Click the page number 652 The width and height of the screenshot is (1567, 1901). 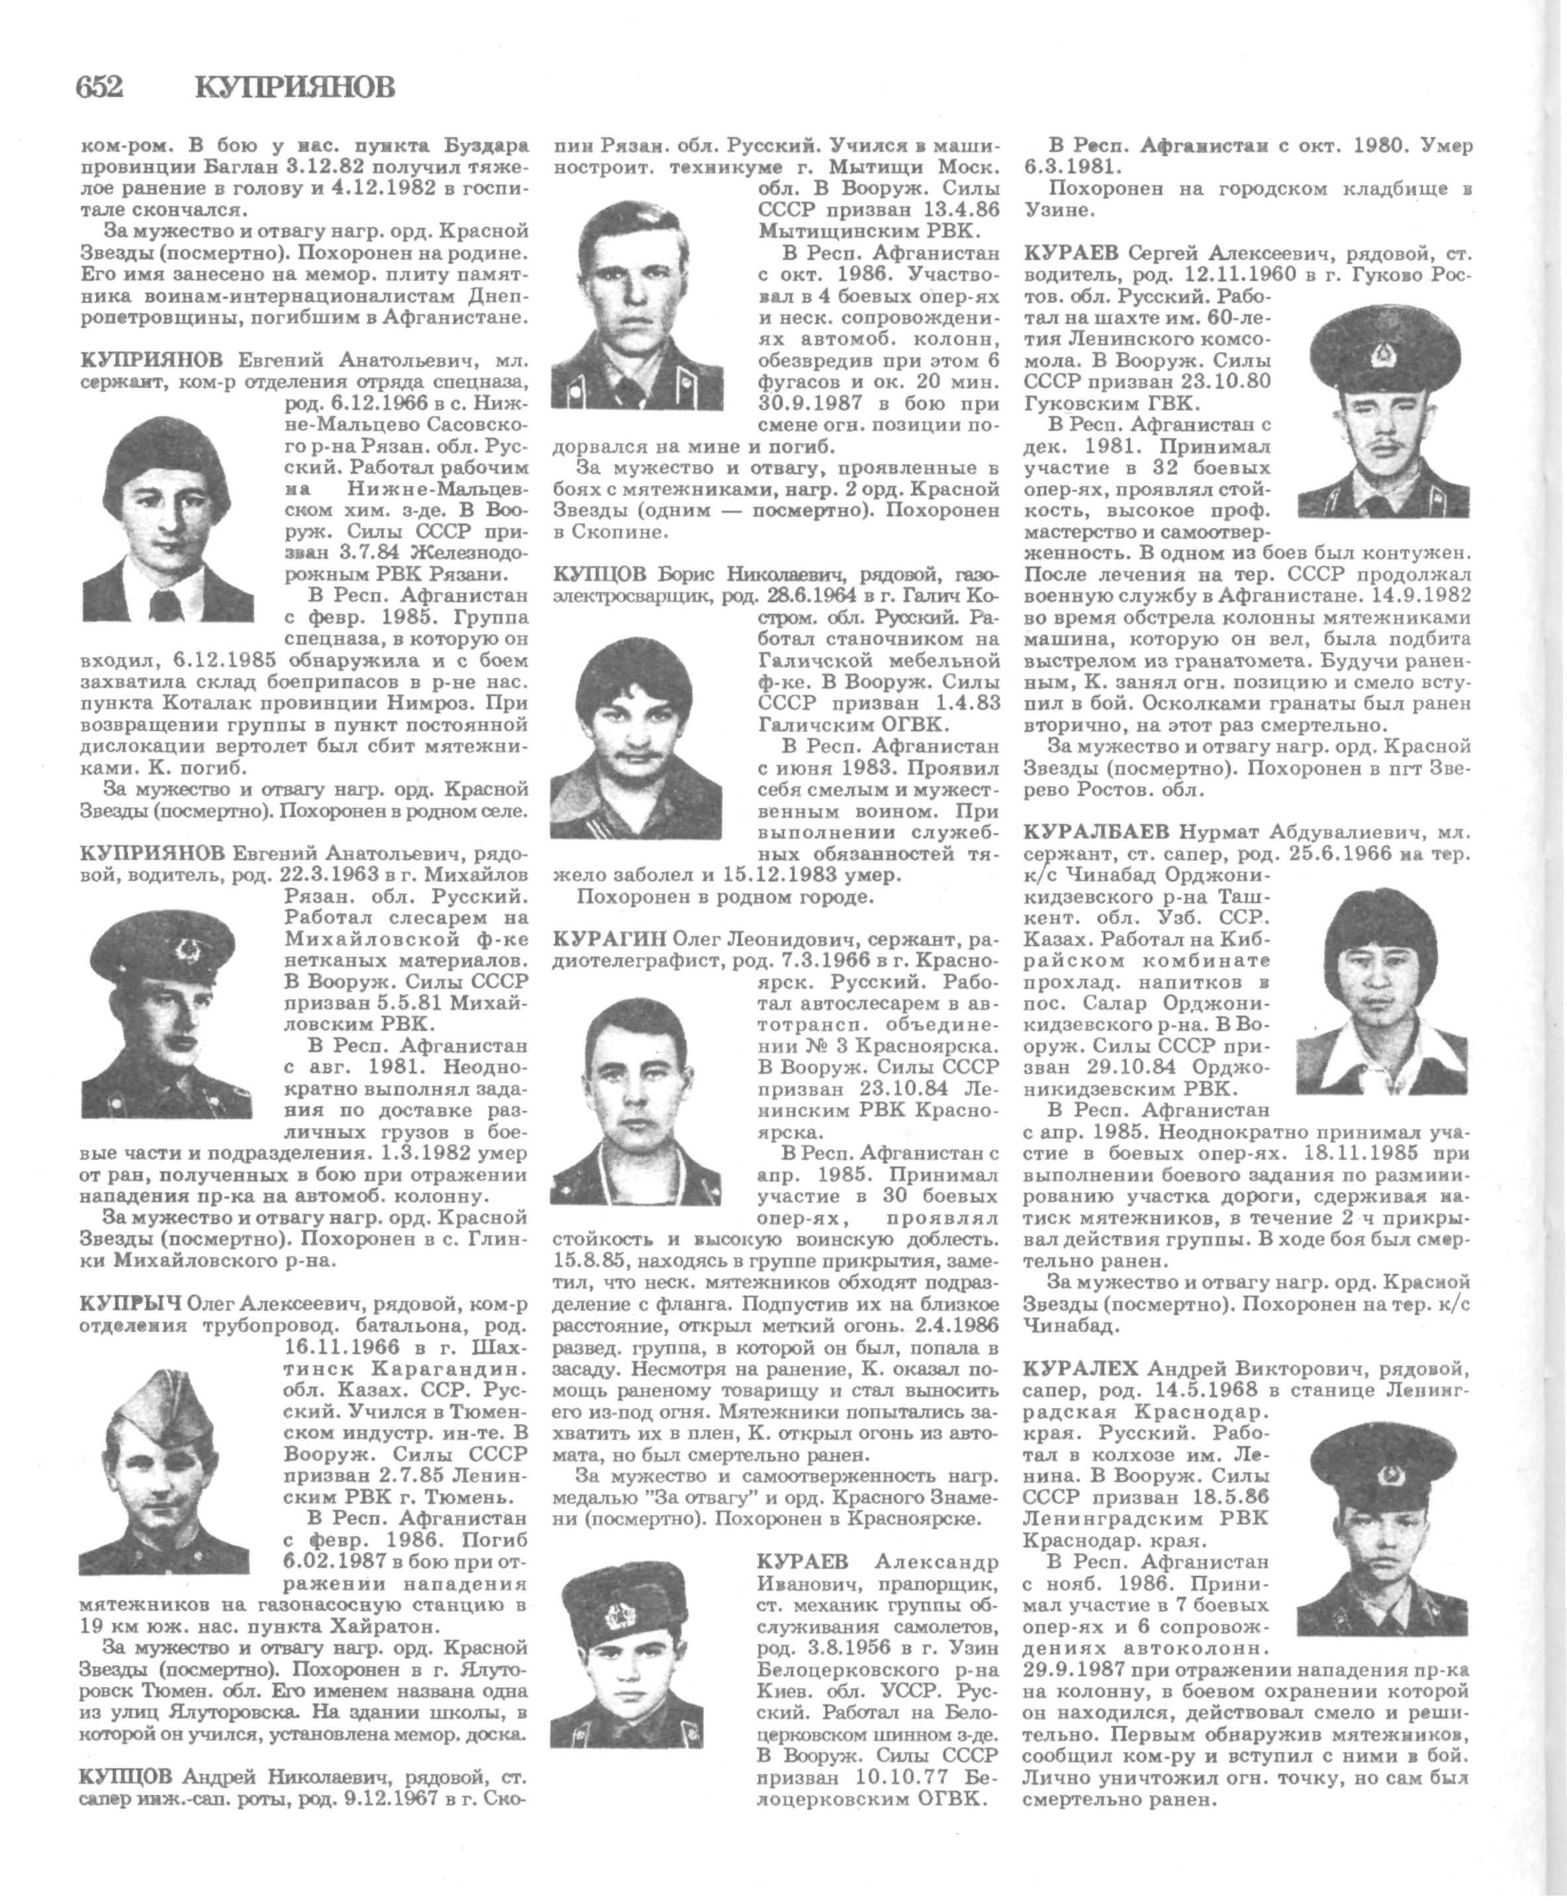[x=99, y=87]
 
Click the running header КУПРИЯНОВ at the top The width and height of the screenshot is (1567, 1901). [x=295, y=87]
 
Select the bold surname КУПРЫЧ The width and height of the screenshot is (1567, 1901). [x=130, y=1304]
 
